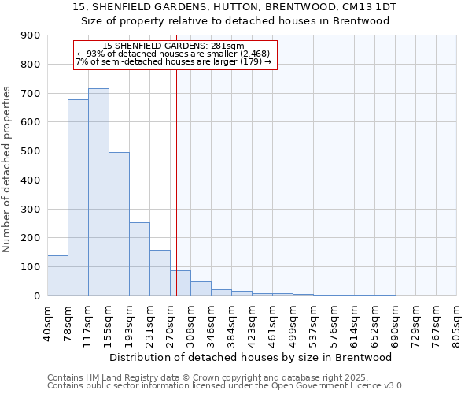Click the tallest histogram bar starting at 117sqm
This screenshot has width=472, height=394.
pos(98,192)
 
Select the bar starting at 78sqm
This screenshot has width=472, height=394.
pos(78,198)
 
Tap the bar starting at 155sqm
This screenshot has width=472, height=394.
pos(119,224)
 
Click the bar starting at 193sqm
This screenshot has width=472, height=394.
pos(139,259)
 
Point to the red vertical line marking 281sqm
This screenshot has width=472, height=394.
pos(176,181)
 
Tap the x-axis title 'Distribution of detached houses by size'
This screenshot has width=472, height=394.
pos(251,357)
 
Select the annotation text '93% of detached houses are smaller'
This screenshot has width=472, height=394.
pos(174,54)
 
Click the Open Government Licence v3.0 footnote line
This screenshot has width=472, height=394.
pos(226,385)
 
